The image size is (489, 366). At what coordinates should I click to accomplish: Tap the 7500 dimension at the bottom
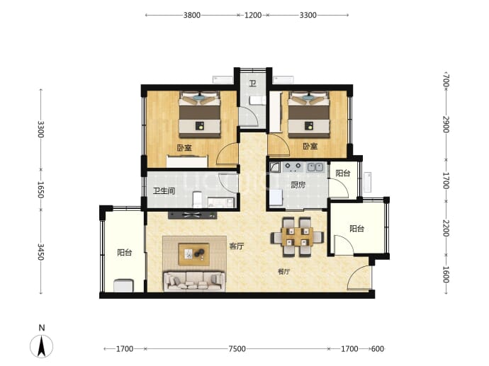[x=237, y=349]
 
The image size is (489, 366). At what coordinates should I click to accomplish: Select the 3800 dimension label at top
[x=192, y=15]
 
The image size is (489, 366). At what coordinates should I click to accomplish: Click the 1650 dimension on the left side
[x=41, y=190]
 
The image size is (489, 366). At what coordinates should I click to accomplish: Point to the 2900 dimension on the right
[x=446, y=124]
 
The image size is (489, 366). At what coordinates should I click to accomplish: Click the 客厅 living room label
[x=237, y=246]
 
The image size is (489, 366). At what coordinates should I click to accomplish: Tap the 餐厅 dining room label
[x=283, y=272]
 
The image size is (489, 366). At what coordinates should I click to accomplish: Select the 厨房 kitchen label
[x=298, y=185]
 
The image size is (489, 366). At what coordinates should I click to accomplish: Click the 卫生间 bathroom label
[x=164, y=190]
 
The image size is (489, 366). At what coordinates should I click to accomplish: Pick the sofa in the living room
[x=194, y=281]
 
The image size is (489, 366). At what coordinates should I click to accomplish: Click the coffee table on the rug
[x=193, y=254]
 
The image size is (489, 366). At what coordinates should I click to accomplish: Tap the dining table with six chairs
[x=296, y=236]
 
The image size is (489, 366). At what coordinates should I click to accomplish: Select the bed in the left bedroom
[x=200, y=114]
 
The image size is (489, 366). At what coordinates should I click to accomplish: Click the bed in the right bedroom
[x=309, y=114]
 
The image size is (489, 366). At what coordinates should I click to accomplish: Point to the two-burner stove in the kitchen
[x=293, y=168]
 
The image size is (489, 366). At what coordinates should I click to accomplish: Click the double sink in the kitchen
[x=315, y=168]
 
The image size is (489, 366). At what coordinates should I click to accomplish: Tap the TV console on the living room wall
[x=193, y=215]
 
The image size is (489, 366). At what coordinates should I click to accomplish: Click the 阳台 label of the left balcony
[x=125, y=252]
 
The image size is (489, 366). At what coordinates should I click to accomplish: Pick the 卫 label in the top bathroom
[x=252, y=83]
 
